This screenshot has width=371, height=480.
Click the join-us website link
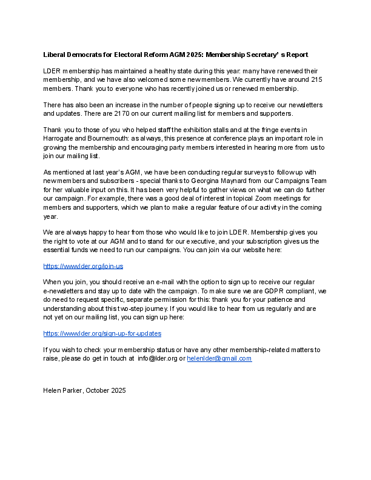[x=83, y=266]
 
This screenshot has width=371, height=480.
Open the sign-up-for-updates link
[x=102, y=333]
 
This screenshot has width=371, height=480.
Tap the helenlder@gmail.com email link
[x=219, y=358]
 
